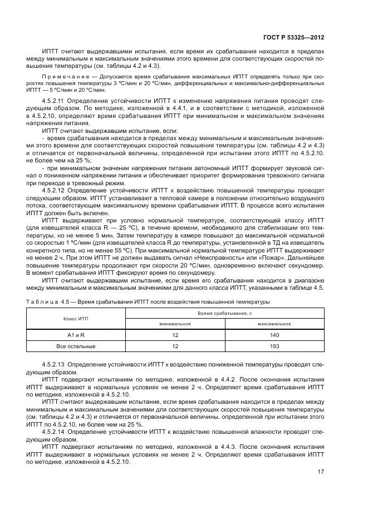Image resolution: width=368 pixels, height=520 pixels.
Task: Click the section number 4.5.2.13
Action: pos(56,364)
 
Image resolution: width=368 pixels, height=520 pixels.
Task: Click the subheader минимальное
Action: pos(175,324)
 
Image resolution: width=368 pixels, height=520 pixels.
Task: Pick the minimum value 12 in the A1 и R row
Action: pos(175,335)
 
